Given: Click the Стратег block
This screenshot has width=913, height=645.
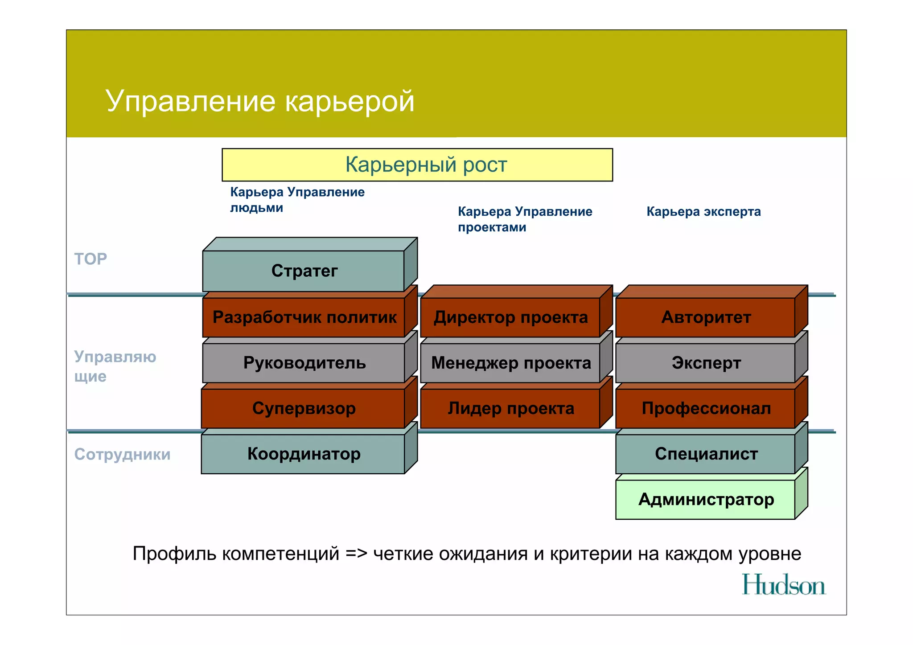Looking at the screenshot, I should (x=304, y=271).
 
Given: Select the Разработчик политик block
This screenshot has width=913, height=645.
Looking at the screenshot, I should (x=304, y=317).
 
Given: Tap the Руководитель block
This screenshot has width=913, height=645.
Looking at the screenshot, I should (x=304, y=363).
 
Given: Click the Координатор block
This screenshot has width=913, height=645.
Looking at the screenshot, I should (x=303, y=454).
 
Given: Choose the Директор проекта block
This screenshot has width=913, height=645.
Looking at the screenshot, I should (x=510, y=317).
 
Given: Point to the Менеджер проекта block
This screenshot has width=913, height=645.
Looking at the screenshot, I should (x=510, y=363).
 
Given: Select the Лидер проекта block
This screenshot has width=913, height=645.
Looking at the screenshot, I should (x=510, y=408).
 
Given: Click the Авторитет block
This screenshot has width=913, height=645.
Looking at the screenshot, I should (x=706, y=317).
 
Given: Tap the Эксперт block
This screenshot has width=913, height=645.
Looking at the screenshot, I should (x=706, y=363).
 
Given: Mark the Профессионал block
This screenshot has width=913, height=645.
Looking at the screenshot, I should (x=706, y=408).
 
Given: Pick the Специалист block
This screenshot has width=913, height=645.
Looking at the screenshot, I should (x=706, y=454).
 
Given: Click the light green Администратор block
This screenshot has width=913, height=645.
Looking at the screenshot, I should (x=706, y=499).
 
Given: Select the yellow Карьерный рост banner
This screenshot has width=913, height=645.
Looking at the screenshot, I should (x=417, y=165).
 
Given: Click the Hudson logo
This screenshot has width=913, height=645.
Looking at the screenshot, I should (x=783, y=585).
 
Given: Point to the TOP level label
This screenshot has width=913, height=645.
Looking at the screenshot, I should (x=90, y=259).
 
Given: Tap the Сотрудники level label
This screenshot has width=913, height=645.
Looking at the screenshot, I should (x=122, y=454).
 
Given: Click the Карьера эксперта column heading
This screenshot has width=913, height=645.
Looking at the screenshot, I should (x=703, y=212).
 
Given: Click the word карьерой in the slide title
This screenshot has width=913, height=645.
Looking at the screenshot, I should (x=350, y=101).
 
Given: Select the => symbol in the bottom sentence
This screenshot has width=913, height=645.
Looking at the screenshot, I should (x=356, y=554).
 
